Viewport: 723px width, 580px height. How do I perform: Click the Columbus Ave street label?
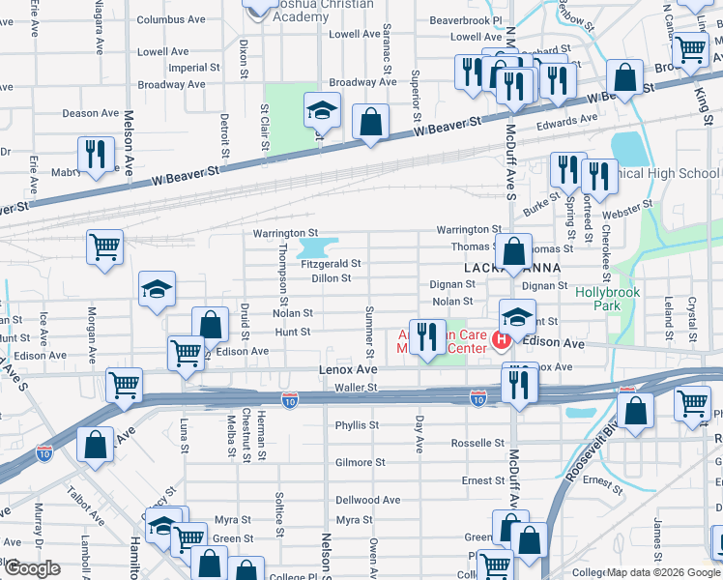point(171,19)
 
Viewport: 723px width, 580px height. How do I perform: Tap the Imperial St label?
point(193,69)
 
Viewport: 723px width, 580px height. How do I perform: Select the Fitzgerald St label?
point(331,263)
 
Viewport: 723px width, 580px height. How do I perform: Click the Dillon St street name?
point(331,278)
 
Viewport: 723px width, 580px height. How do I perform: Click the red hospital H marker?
point(501,339)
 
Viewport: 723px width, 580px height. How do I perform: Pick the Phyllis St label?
point(357,425)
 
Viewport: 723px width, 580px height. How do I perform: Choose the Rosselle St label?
point(477,444)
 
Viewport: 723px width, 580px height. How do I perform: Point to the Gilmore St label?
point(360,463)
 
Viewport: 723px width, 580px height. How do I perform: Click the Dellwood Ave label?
point(367,501)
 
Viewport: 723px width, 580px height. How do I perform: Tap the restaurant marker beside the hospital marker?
point(427,335)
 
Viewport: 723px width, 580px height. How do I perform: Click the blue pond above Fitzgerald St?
point(323,246)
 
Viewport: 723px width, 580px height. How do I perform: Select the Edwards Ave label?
point(567,120)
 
